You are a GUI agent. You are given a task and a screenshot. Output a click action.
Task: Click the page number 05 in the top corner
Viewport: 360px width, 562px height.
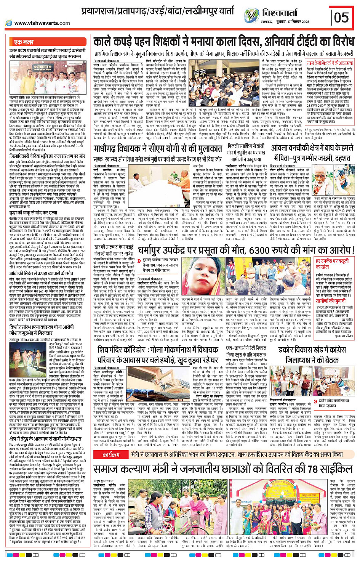(x=341, y=17)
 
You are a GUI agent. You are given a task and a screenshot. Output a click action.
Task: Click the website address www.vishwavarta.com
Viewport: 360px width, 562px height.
(x=42, y=23)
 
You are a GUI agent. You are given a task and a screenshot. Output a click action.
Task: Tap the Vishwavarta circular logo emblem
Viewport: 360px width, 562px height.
(x=251, y=15)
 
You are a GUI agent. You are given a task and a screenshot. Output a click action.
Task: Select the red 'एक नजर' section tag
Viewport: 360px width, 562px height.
(x=24, y=42)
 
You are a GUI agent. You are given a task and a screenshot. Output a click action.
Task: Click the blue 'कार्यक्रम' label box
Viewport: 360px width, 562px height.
(x=111, y=455)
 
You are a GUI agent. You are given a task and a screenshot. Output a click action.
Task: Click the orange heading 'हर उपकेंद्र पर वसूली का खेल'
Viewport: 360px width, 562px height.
(x=332, y=264)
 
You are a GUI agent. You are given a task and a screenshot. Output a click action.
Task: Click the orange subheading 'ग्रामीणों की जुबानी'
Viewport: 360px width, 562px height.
(x=330, y=301)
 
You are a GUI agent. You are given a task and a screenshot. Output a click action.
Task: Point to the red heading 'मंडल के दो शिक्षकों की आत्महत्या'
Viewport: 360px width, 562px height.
(x=330, y=63)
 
